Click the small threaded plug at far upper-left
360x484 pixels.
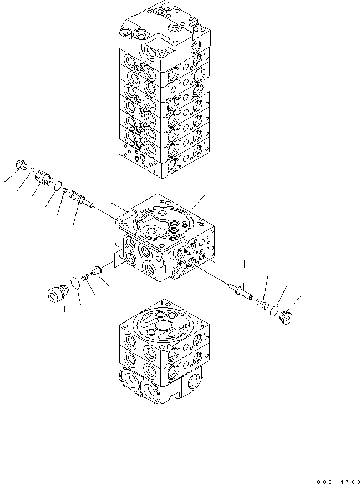22,165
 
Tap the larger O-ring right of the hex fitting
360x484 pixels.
57,185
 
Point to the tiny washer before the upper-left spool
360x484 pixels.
65,190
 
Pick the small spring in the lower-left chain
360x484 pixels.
85,275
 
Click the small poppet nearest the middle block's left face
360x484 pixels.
95,270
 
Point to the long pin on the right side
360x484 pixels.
239,289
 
